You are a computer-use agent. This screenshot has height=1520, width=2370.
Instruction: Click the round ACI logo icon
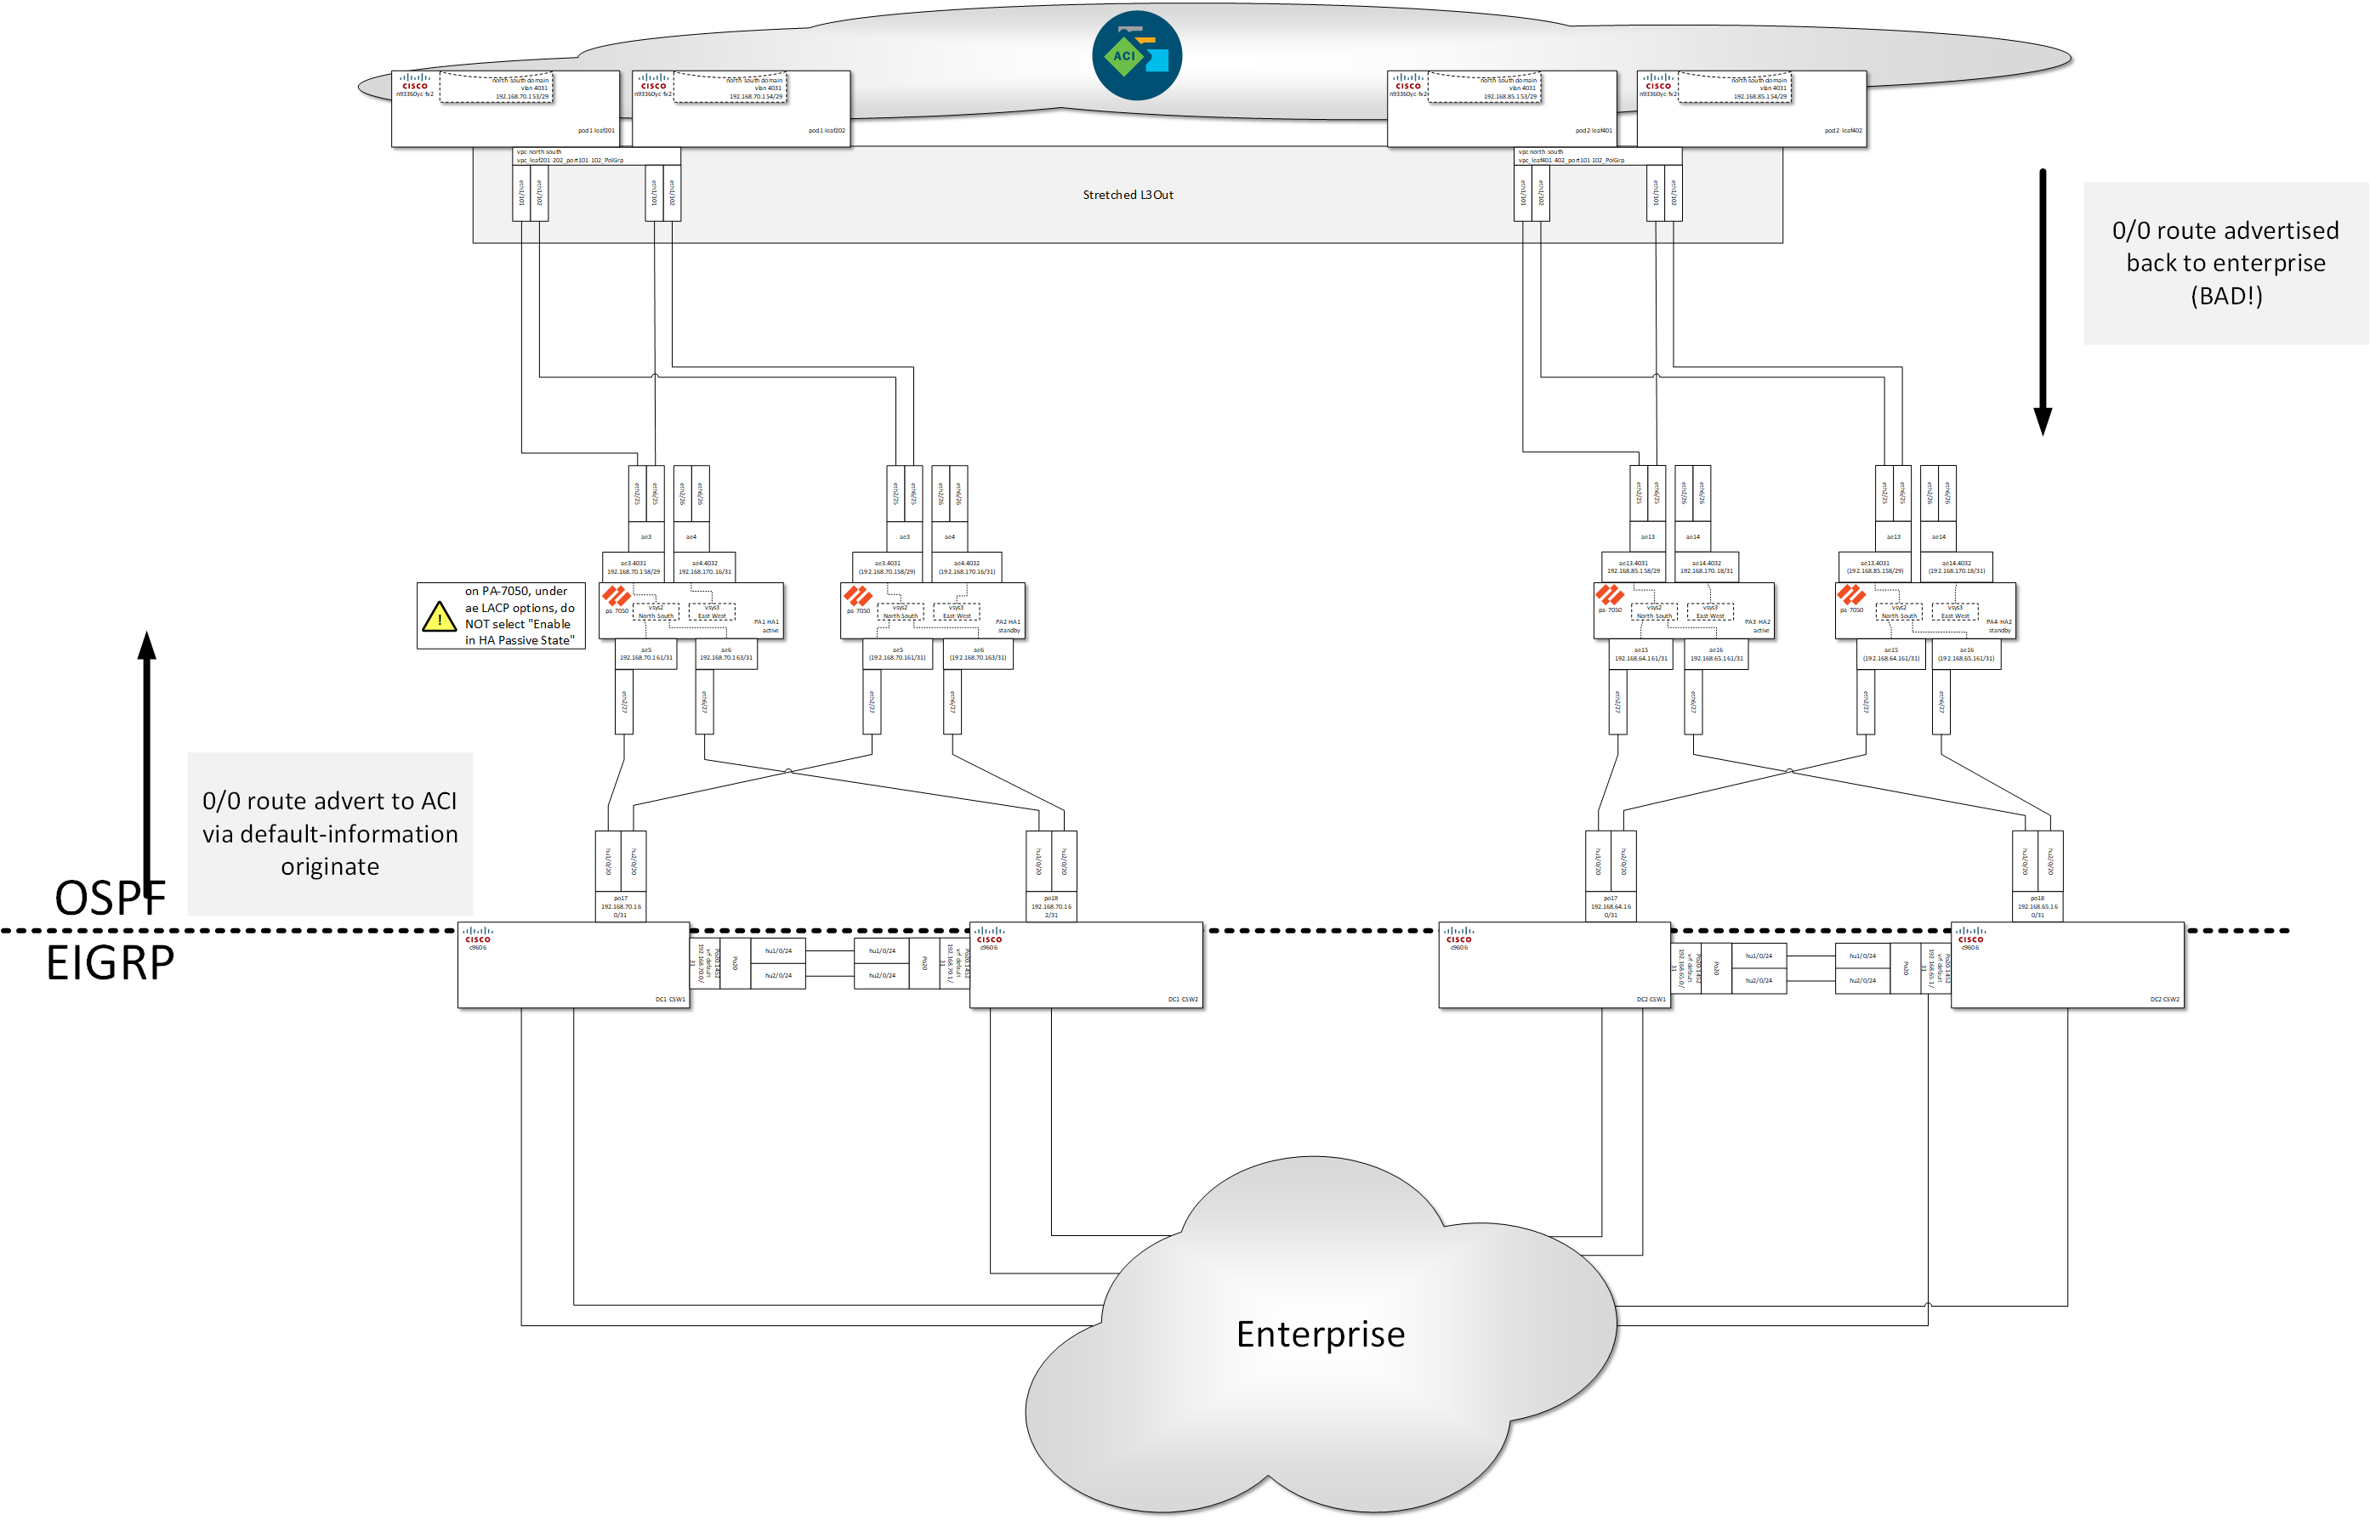click(1136, 55)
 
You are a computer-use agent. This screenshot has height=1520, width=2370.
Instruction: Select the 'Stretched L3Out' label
click(1128, 195)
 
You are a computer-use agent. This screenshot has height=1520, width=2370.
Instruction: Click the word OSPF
click(110, 899)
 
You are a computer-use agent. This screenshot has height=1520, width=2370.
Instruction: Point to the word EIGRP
click(110, 962)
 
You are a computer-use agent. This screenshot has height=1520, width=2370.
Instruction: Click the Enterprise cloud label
click(1320, 1334)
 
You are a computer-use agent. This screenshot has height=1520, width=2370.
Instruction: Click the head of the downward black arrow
click(2043, 423)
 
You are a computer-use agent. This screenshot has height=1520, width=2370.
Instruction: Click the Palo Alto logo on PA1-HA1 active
click(616, 595)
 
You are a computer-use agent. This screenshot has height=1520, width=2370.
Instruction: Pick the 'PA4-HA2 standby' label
click(1998, 626)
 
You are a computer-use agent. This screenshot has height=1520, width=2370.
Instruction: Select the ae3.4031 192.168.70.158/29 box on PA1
click(633, 566)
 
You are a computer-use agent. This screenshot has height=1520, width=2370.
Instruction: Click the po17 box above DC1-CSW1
click(620, 906)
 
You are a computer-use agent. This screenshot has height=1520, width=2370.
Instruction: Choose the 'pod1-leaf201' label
click(596, 130)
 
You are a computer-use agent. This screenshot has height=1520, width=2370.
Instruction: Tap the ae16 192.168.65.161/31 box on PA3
click(1715, 654)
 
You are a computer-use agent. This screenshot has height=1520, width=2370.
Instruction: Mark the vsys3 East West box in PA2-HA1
click(956, 612)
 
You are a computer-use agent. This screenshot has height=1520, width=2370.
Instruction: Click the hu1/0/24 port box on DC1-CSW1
click(778, 950)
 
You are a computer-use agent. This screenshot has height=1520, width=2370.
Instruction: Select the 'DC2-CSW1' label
click(1651, 999)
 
